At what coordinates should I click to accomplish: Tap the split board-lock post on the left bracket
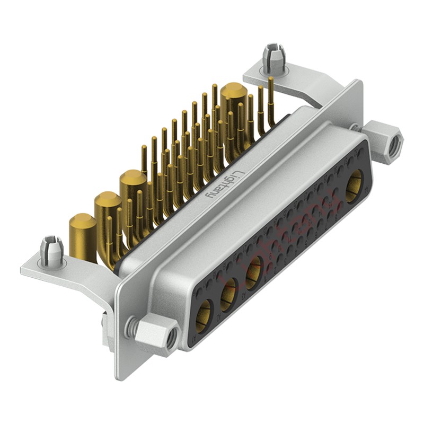pos(51,250)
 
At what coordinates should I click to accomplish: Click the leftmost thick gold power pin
pos(83,233)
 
